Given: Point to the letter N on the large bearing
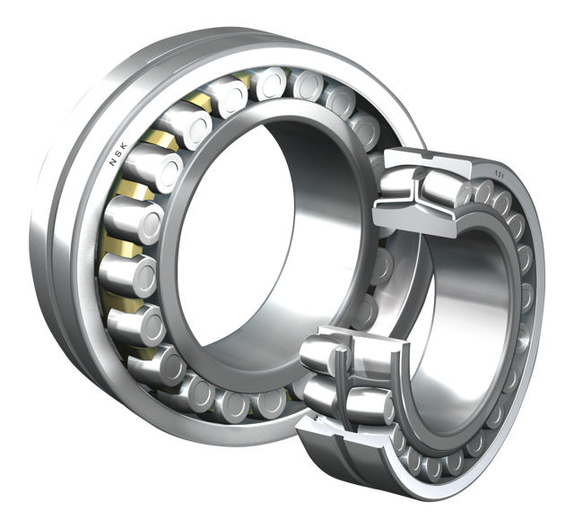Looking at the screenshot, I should [x=112, y=164].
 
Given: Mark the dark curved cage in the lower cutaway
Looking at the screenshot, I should [x=341, y=377].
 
